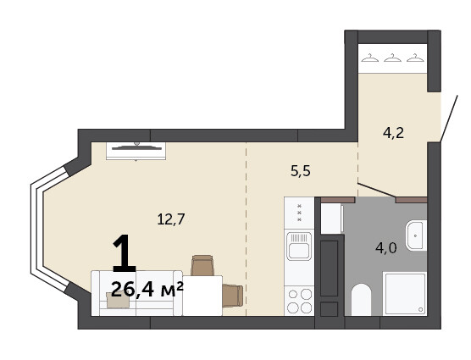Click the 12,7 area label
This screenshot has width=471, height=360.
[x=171, y=219]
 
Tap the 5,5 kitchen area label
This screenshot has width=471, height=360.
[x=301, y=171]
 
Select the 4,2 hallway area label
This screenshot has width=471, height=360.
[x=393, y=133]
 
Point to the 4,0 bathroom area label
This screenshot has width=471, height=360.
[x=386, y=248]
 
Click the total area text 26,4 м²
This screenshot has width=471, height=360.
[x=147, y=290]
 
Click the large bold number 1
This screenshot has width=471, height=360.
[x=124, y=253]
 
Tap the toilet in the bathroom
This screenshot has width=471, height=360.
[x=362, y=300]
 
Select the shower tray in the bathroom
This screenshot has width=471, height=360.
[x=405, y=294]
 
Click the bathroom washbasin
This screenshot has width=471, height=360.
[x=416, y=235]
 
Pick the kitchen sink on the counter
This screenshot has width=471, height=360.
[x=299, y=246]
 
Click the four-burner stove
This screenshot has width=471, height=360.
[x=299, y=301]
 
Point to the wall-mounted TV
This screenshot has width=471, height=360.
[x=136, y=151]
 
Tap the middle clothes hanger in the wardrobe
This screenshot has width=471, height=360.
[x=392, y=58]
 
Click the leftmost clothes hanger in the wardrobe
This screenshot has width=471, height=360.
[x=370, y=58]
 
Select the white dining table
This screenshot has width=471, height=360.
[x=202, y=296]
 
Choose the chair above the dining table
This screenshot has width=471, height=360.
[x=202, y=265]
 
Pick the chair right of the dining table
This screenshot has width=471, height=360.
[x=232, y=296]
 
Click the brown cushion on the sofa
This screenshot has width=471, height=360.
[x=118, y=300]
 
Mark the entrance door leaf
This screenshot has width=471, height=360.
[x=449, y=119]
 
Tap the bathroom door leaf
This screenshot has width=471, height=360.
[x=376, y=190]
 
